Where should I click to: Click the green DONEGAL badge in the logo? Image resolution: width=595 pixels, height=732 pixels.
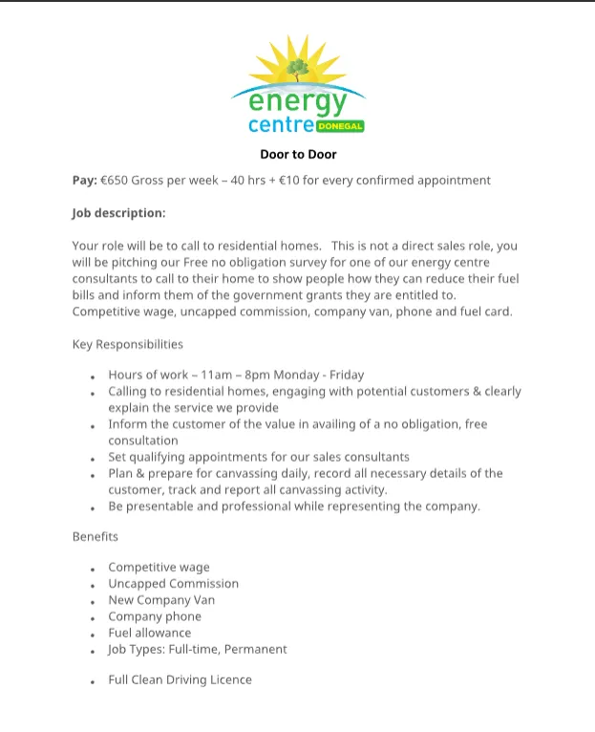[x=340, y=126]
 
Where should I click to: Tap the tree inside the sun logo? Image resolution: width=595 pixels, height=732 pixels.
[x=297, y=69]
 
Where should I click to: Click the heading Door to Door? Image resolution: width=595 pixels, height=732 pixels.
[x=298, y=154]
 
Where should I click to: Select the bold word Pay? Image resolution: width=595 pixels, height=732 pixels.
[x=84, y=180]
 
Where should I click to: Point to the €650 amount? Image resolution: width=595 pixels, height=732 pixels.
[x=116, y=180]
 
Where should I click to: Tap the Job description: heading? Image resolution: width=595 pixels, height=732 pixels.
[x=118, y=213]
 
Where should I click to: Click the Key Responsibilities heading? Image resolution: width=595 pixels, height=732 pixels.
[x=127, y=344]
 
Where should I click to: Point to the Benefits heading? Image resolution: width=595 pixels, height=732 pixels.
[x=95, y=536]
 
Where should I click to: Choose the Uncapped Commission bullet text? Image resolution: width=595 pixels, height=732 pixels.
[x=173, y=583]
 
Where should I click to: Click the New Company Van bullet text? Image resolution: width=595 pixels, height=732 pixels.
[x=161, y=600]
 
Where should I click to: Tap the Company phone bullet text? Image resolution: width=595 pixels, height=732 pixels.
[x=155, y=616]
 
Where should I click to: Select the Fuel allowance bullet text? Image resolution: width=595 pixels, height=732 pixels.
[x=149, y=633]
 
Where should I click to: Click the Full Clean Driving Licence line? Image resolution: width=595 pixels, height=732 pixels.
[x=180, y=679]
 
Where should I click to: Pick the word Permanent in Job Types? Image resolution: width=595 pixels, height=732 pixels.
[x=255, y=649]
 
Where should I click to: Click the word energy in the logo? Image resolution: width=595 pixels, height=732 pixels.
[x=297, y=100]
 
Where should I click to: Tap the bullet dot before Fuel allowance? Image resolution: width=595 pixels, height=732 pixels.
[x=93, y=635]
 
